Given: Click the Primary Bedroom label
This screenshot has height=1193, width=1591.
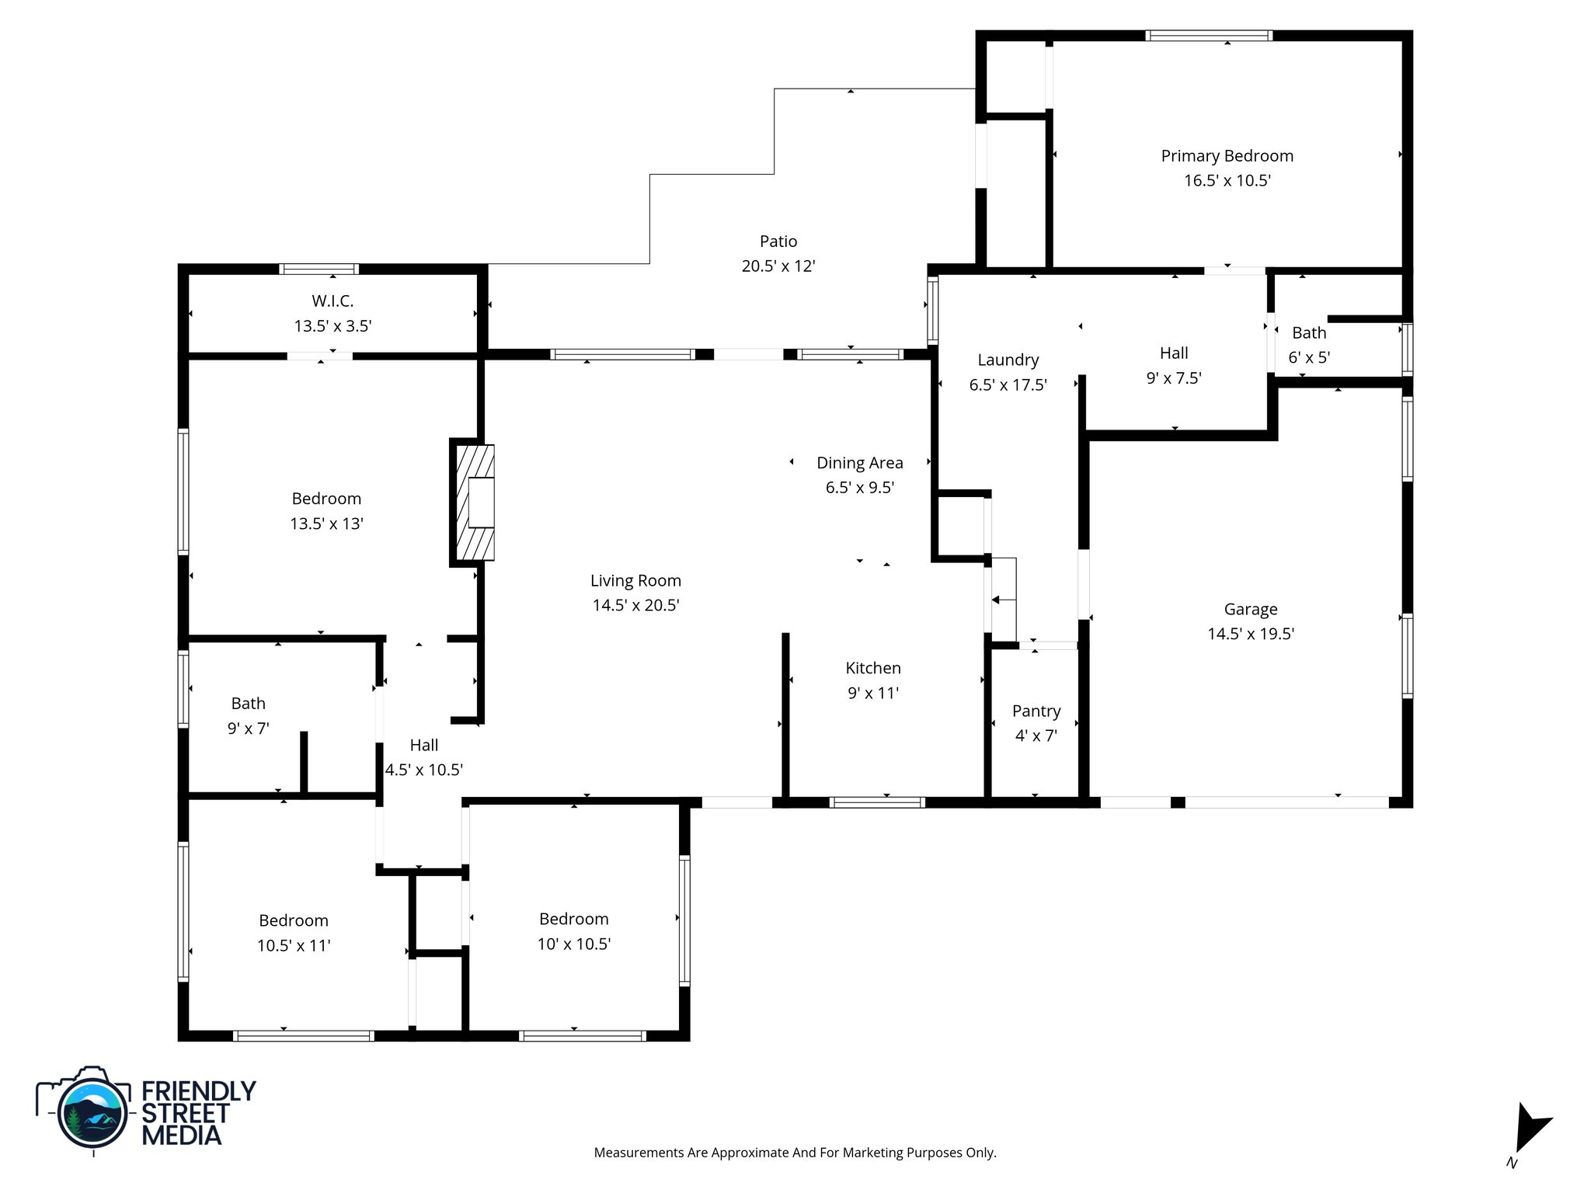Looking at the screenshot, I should pos(1227,156).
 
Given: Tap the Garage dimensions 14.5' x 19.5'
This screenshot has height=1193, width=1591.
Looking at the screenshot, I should pos(1250,634).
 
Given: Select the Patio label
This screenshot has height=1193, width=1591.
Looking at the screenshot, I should pos(778,242).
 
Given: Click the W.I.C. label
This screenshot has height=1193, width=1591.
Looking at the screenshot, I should pos(332,301).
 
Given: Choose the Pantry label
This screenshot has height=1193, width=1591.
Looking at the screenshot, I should pos(1036,711).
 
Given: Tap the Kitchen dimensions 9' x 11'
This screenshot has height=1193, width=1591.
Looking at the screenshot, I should pos(872,693).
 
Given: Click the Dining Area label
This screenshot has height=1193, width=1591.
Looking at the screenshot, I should pos(859,464).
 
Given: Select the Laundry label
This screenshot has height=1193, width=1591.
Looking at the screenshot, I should pos(1008,360).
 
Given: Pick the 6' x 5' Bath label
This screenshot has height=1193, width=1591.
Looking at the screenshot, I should pos(1309,333).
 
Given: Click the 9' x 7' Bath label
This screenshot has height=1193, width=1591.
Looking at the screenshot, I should pos(248,704).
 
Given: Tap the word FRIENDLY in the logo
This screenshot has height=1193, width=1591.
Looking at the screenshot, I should pos(198,1091).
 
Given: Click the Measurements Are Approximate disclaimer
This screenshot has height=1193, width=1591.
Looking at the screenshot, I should pos(795,1153).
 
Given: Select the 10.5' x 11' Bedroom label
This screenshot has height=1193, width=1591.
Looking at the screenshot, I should pos(293,921).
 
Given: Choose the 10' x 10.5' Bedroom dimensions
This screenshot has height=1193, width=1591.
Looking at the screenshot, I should pos(573,944).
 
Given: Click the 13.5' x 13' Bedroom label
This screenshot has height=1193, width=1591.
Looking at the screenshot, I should pos(326,499).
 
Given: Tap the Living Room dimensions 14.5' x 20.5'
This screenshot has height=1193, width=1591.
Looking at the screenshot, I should pos(635,606).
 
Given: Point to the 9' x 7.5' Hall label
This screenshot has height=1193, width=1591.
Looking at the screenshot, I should pos(1173,354).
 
